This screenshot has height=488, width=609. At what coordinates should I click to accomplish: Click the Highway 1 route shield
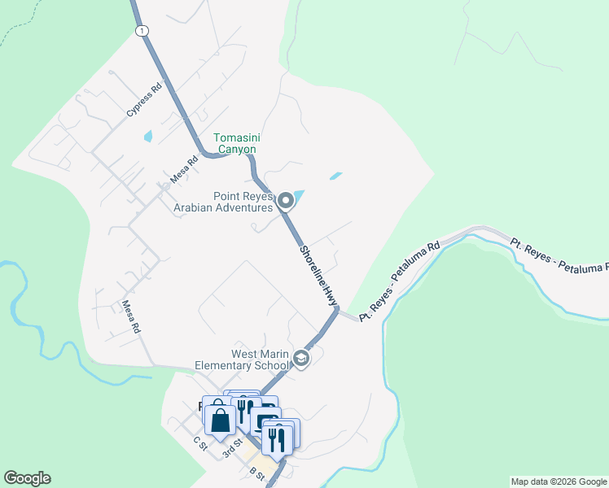(x=143, y=31)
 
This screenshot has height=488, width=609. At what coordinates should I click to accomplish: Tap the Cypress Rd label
(x=144, y=99)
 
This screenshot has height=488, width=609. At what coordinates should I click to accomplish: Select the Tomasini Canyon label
(x=234, y=143)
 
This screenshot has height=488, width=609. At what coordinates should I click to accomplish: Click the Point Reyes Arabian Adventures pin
(x=286, y=200)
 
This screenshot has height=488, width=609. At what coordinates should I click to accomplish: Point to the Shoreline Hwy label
(x=318, y=276)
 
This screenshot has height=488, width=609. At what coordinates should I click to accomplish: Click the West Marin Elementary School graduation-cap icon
(x=301, y=359)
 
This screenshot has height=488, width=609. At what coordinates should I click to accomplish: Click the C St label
(x=199, y=443)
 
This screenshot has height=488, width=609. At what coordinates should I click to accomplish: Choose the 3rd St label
(x=230, y=450)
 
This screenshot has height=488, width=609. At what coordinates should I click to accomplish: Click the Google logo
(x=27, y=478)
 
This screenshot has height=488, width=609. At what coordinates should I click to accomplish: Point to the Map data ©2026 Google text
(x=559, y=481)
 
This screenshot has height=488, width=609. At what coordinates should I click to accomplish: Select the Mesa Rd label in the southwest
(x=131, y=317)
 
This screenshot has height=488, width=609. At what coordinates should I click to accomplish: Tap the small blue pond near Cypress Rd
(x=148, y=137)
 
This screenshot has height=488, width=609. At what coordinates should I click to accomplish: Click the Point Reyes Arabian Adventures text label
(x=223, y=202)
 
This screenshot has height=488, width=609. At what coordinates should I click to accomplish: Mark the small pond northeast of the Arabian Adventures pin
(x=335, y=176)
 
